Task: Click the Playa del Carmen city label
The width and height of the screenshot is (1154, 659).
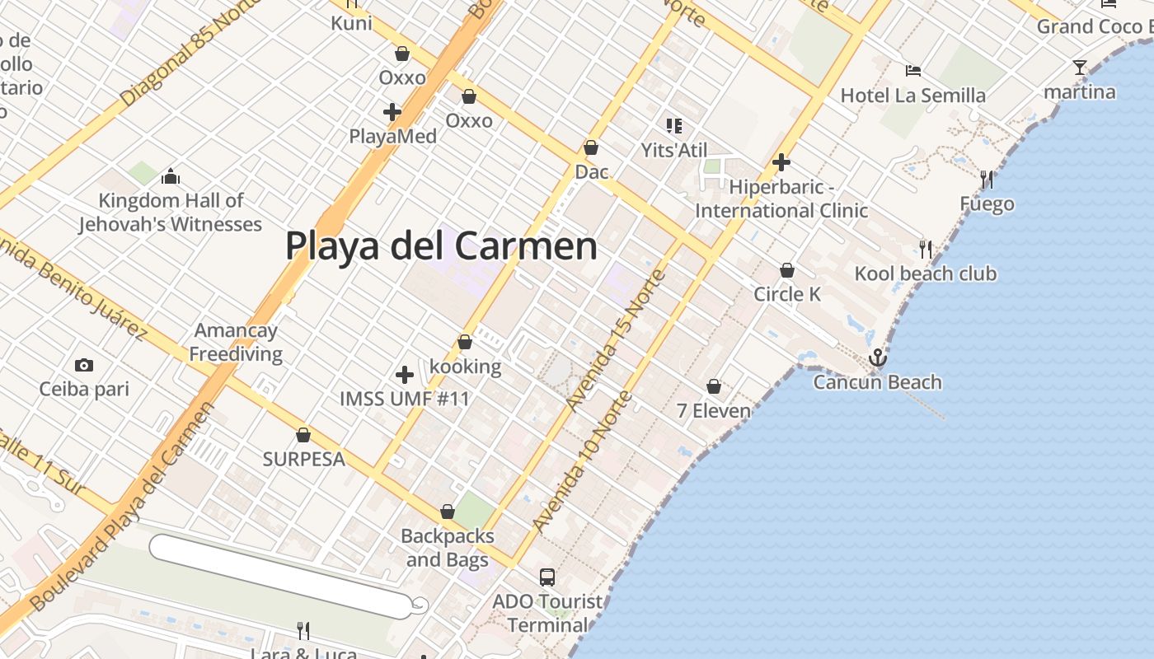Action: tap(441, 245)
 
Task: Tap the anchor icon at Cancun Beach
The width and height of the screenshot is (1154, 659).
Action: tap(877, 358)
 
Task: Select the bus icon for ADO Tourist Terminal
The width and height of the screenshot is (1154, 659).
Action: tap(547, 577)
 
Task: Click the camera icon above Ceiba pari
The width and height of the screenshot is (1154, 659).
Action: tap(83, 365)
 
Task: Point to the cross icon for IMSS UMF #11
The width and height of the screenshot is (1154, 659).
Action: tap(405, 375)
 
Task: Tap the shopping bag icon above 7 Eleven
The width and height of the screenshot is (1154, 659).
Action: tap(714, 386)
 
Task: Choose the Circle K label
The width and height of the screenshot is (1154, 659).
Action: tap(787, 294)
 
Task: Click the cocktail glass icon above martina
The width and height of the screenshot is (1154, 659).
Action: tap(1080, 67)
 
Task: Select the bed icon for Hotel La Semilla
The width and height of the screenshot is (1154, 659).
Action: tap(912, 70)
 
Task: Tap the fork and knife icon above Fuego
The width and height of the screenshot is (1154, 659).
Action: tap(986, 179)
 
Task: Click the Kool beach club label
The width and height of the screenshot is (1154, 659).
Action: tap(926, 273)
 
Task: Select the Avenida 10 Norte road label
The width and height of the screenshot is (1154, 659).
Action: tap(583, 461)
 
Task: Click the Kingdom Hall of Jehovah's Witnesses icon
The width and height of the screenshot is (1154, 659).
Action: tap(171, 176)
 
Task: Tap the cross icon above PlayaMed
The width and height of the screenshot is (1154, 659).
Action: tap(392, 111)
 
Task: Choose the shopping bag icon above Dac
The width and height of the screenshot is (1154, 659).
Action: tap(591, 148)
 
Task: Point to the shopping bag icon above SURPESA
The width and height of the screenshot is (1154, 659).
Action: tap(303, 435)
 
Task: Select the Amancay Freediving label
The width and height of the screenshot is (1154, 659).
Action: tap(236, 343)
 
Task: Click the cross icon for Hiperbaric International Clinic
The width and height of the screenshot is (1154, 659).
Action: tap(781, 162)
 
